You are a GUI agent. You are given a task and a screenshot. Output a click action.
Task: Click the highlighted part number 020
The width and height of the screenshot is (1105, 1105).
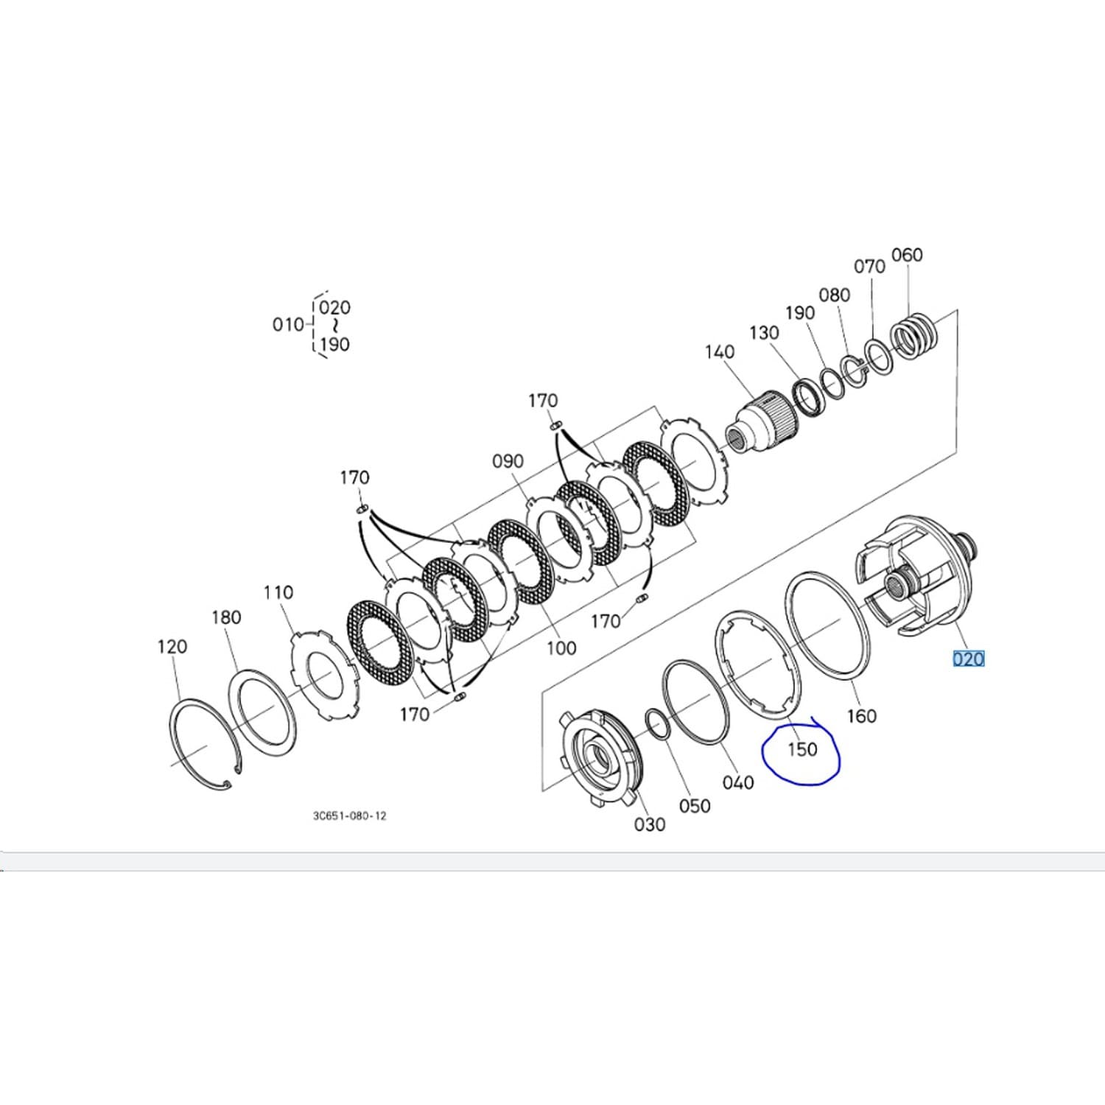point(968,659)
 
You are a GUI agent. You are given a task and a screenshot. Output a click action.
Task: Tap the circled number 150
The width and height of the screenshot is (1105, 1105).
point(802,749)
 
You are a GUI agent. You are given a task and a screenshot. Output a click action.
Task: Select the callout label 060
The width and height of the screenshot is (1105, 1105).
point(907,255)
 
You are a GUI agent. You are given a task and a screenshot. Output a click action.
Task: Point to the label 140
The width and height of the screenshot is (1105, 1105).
point(719,352)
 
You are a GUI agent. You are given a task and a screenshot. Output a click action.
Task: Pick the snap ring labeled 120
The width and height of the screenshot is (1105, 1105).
point(201,745)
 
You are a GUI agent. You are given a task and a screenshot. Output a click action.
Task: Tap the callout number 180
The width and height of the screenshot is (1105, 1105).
point(226,617)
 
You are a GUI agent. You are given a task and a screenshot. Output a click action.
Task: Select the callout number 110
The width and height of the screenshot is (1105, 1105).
point(278,592)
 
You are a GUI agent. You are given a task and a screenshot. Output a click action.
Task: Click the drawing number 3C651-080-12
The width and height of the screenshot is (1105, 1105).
point(349,815)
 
